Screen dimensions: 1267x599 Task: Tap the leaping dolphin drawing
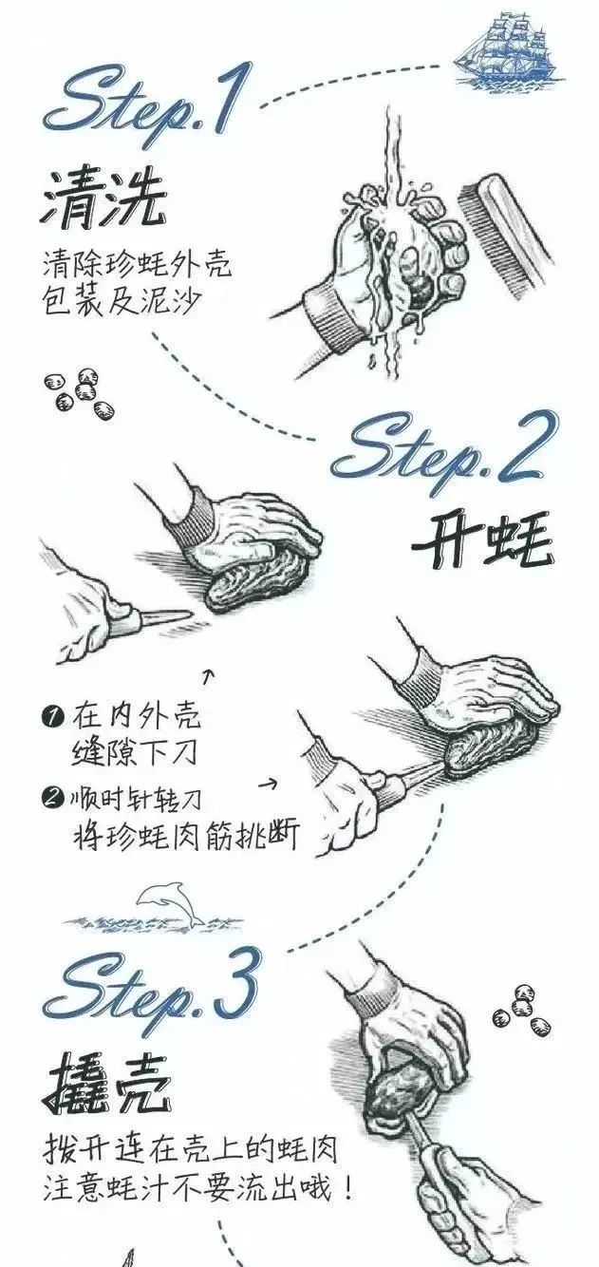tap(170, 903)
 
